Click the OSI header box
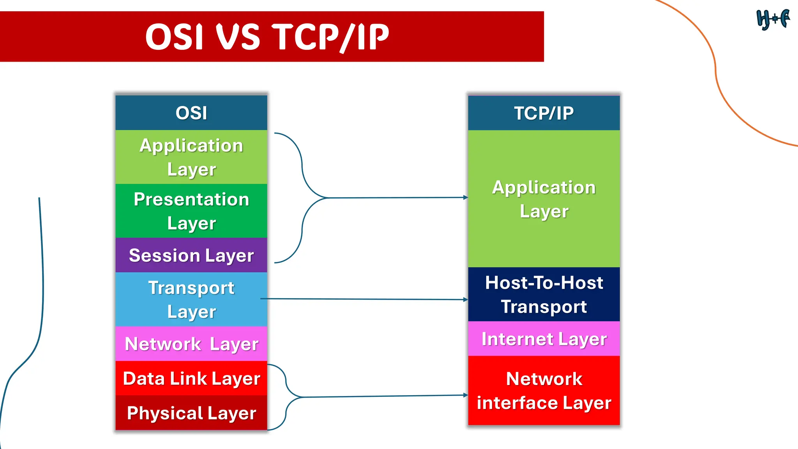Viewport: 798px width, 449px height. click(191, 113)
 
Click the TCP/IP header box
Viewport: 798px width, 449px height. click(544, 113)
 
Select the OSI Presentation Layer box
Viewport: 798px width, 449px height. click(191, 211)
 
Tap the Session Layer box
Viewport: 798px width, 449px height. click(191, 255)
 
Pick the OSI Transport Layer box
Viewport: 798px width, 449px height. click(191, 299)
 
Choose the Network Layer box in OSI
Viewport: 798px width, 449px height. click(191, 344)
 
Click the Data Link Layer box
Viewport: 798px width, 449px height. click(191, 378)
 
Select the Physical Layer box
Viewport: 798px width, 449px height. click(191, 413)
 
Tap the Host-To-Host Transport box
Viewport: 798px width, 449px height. click(544, 294)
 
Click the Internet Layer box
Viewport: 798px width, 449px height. click(544, 339)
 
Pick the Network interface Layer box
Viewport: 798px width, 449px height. click(544, 391)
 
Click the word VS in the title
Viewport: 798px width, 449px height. click(238, 37)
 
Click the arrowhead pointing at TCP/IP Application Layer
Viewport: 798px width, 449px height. click(465, 198)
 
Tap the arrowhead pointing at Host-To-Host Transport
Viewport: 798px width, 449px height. click(465, 299)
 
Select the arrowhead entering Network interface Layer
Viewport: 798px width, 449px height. click(465, 395)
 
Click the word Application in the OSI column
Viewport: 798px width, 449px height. click(191, 145)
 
